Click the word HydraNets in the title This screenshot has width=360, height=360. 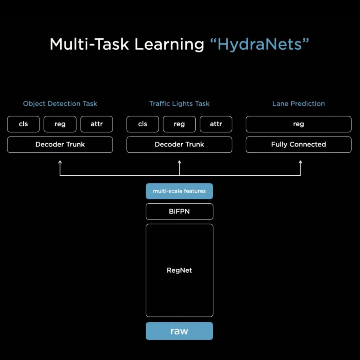259,44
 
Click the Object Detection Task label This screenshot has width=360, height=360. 60,103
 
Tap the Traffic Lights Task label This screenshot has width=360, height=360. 179,103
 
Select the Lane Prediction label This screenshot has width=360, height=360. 298,103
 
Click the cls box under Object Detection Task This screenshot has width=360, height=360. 23,124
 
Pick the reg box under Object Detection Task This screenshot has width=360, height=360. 60,124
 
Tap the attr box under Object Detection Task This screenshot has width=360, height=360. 97,124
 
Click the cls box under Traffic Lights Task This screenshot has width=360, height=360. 142,124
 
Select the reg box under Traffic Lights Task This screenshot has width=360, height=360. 179,124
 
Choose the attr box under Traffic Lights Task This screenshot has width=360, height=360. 216,124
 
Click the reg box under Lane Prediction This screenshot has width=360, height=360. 298,124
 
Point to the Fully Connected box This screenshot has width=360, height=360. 298,144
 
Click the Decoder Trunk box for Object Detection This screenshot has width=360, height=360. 60,144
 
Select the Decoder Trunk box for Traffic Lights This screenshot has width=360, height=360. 179,144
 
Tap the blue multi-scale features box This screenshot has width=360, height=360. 179,191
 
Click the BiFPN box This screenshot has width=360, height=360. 179,212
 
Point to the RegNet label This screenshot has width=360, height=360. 179,270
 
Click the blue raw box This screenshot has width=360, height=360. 179,331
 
